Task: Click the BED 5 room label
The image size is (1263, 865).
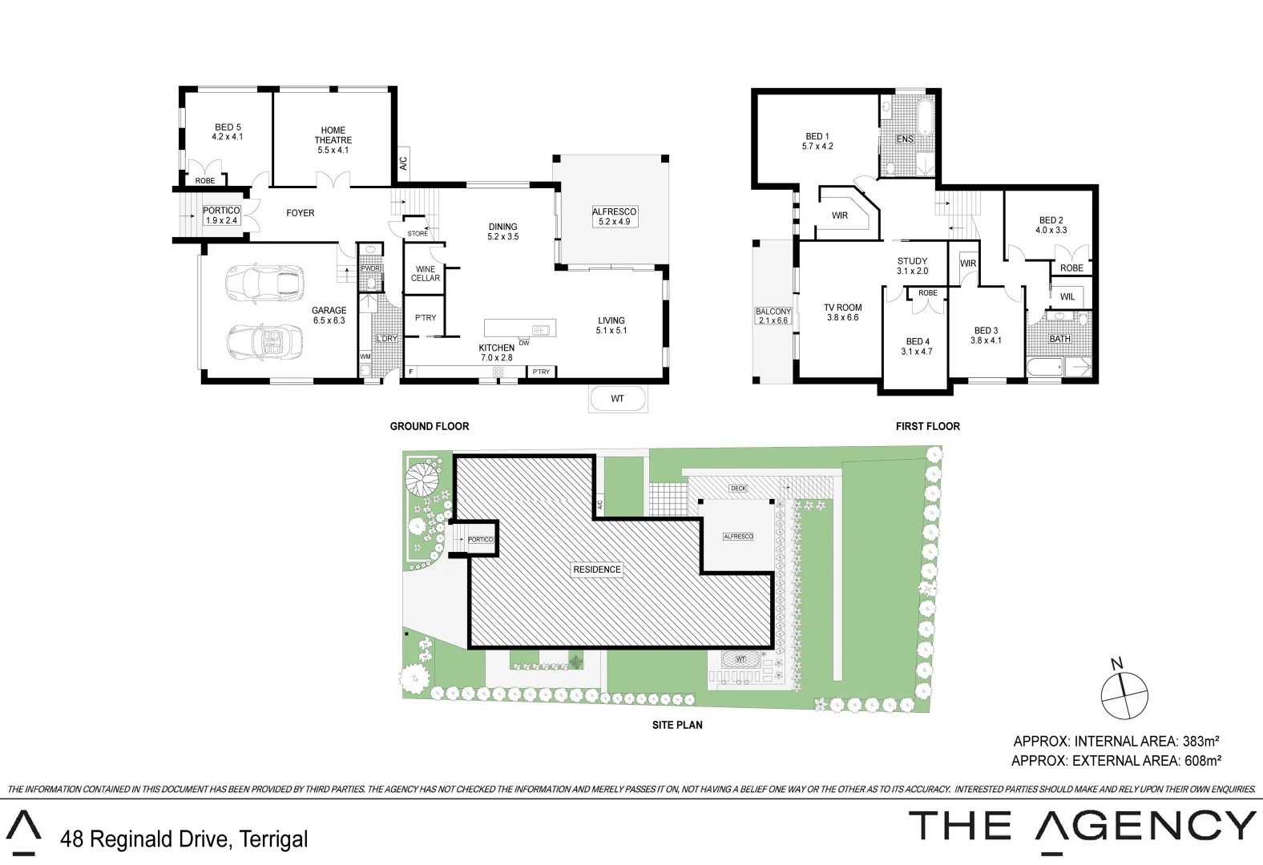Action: (228, 132)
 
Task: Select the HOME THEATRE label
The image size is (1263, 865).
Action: (333, 140)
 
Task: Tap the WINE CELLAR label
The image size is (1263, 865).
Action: (426, 274)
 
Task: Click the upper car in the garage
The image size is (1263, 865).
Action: (265, 284)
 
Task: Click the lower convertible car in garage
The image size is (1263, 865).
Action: (265, 342)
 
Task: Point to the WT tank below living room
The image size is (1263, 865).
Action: (617, 399)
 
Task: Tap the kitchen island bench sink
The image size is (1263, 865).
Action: (542, 329)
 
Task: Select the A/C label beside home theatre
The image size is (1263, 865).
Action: (403, 163)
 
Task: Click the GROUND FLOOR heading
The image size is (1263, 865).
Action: (430, 426)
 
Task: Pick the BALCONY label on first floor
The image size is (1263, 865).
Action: (773, 316)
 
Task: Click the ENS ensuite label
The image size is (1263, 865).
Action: (905, 139)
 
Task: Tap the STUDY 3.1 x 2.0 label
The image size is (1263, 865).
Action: (912, 266)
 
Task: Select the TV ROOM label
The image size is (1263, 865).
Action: (843, 312)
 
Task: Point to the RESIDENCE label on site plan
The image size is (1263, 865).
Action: (597, 569)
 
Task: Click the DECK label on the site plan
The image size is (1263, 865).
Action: (738, 489)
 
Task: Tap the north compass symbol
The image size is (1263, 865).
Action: (1124, 694)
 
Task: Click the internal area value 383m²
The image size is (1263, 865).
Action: (1200, 742)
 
